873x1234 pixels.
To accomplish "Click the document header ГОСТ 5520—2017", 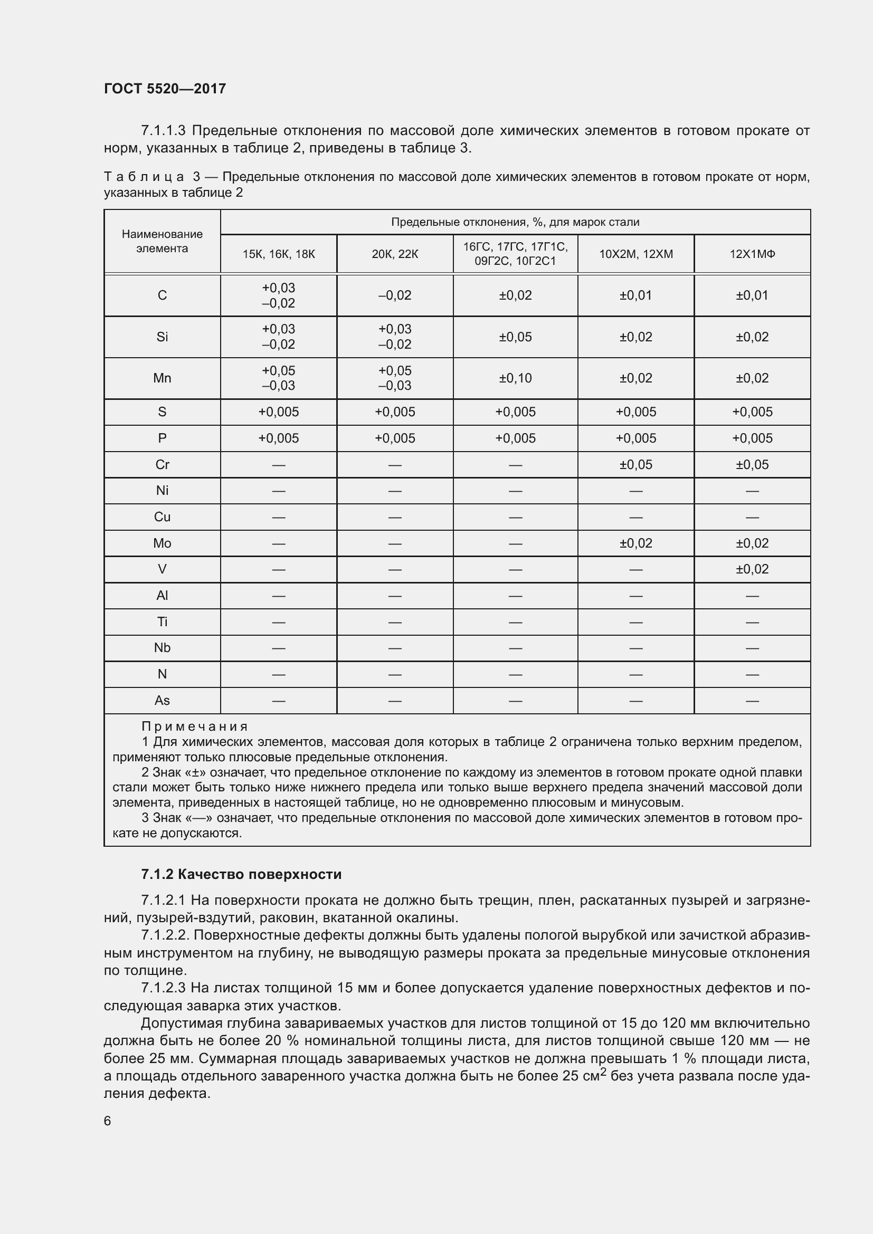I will pyautogui.click(x=165, y=89).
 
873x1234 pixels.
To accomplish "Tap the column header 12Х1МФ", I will pyautogui.click(x=752, y=254).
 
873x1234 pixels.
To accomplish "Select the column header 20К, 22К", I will pyautogui.click(x=395, y=254).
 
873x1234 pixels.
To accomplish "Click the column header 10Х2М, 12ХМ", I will pyautogui.click(x=635, y=254).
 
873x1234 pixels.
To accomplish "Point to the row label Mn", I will pyautogui.click(x=162, y=378).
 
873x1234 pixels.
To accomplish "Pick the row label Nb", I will pyautogui.click(x=162, y=648).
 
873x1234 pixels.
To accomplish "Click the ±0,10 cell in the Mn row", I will pyautogui.click(x=515, y=378).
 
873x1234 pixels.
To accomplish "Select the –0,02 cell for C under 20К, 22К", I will pyautogui.click(x=395, y=295).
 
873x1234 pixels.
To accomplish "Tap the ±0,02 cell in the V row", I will pyautogui.click(x=752, y=569).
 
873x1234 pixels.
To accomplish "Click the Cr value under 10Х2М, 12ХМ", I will pyautogui.click(x=635, y=465).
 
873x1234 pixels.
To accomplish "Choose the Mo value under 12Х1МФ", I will pyautogui.click(x=752, y=543).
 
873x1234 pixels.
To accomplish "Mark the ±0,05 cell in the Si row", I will pyautogui.click(x=515, y=337).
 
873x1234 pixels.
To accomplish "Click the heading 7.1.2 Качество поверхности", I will pyautogui.click(x=241, y=874).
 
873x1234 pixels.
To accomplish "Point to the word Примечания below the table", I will pyautogui.click(x=195, y=726).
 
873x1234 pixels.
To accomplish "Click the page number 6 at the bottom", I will pyautogui.click(x=108, y=1121).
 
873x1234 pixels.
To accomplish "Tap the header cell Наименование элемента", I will pyautogui.click(x=162, y=241).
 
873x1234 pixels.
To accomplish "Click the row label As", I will pyautogui.click(x=162, y=701).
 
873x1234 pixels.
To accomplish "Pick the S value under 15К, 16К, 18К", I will pyautogui.click(x=279, y=412).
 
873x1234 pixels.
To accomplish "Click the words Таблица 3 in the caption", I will pyautogui.click(x=152, y=177).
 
